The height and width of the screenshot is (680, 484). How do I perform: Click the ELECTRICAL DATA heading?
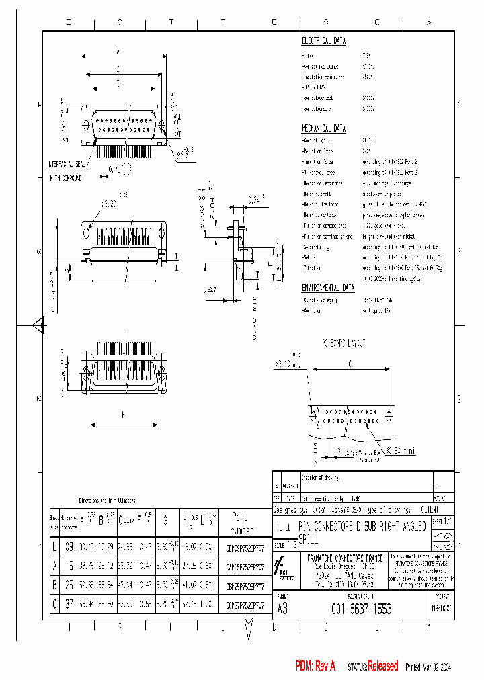click(x=323, y=41)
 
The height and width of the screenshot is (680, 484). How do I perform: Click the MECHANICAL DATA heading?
click(x=323, y=128)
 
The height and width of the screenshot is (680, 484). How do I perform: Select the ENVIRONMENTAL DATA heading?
click(x=328, y=287)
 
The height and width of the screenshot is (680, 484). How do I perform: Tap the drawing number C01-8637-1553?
click(x=361, y=609)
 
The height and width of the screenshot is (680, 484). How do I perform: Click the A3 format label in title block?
click(x=283, y=609)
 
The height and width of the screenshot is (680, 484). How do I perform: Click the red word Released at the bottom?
click(x=381, y=665)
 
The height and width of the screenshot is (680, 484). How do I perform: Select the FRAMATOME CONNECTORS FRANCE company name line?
click(x=352, y=557)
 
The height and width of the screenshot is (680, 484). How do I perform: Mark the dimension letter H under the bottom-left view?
click(x=123, y=415)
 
